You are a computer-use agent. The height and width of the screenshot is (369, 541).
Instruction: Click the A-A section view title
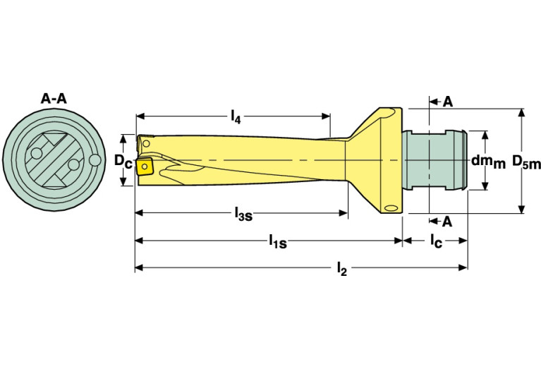(53, 99)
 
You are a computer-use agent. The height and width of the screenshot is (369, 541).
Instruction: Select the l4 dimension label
(236, 118)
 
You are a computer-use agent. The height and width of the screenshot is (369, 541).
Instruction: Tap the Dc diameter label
(123, 160)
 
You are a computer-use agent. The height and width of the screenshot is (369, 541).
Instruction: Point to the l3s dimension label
(243, 214)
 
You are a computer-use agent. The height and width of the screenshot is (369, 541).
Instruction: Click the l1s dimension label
(277, 241)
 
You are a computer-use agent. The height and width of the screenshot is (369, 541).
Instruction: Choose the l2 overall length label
(341, 269)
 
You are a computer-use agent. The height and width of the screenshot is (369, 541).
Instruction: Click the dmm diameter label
(488, 162)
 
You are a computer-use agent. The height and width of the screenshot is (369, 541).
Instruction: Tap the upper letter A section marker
(448, 102)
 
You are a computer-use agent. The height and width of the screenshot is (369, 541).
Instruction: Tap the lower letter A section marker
(446, 222)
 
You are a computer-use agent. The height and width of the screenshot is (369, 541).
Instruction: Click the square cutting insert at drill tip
(145, 166)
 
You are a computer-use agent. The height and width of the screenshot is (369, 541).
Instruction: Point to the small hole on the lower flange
(391, 207)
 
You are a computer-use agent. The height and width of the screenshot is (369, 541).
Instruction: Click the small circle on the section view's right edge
(95, 161)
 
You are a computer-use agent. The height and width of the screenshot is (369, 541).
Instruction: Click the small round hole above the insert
(146, 144)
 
